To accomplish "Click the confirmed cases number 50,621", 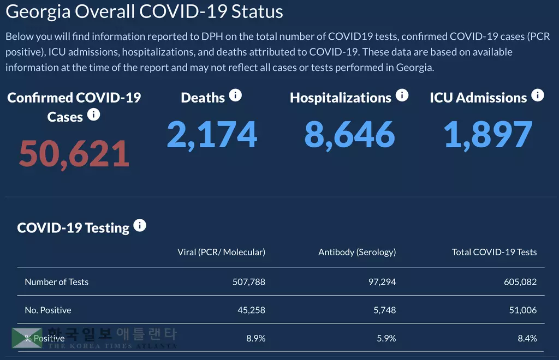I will pyautogui.click(x=74, y=154).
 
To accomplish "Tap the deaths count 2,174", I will pyautogui.click(x=212, y=135).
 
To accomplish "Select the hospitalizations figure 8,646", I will pyautogui.click(x=349, y=135).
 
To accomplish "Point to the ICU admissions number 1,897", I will pyautogui.click(x=487, y=135).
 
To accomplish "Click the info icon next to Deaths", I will pyautogui.click(x=235, y=96).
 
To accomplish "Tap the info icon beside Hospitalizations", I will pyautogui.click(x=402, y=96).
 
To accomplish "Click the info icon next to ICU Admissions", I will pyautogui.click(x=538, y=96).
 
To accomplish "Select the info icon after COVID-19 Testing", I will pyautogui.click(x=140, y=226).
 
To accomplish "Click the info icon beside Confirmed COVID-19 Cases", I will pyautogui.click(x=93, y=115).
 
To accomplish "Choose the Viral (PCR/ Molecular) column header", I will pyautogui.click(x=221, y=252).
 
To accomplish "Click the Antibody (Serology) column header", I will pyautogui.click(x=357, y=252).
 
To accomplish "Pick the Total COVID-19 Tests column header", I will pyautogui.click(x=494, y=252).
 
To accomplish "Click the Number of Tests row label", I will pyautogui.click(x=56, y=282).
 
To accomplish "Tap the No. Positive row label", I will pyautogui.click(x=48, y=310).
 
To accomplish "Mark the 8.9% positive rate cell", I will pyautogui.click(x=255, y=338).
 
